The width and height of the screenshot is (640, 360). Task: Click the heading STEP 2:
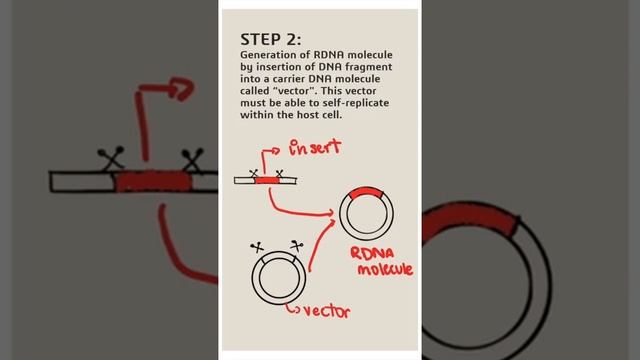(271, 40)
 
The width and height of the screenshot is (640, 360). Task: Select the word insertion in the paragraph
(276, 67)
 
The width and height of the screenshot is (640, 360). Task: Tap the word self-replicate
(356, 103)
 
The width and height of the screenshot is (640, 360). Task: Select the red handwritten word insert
(315, 147)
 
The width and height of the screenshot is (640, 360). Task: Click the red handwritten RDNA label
(372, 253)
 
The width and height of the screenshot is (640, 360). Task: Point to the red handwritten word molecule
(385, 269)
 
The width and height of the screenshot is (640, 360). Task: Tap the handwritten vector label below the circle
(327, 311)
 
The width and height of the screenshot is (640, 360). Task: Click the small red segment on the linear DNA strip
(267, 180)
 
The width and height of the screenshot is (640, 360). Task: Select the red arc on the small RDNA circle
(367, 192)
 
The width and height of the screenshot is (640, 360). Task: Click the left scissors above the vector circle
(257, 247)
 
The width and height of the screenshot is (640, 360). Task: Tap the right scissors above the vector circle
(297, 246)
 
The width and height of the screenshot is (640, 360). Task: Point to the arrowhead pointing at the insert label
(276, 151)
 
